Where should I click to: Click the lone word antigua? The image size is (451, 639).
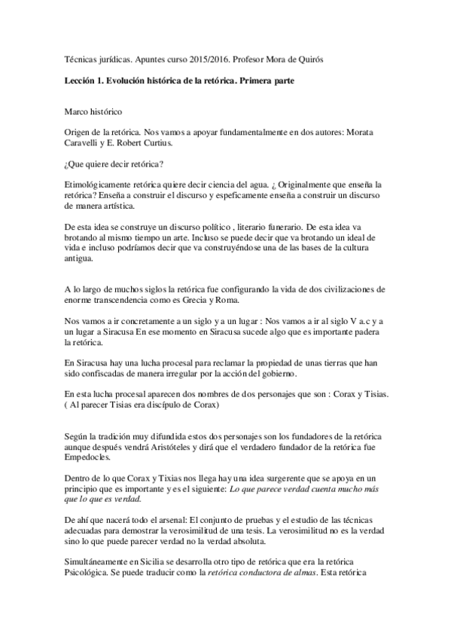(x=81, y=258)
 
